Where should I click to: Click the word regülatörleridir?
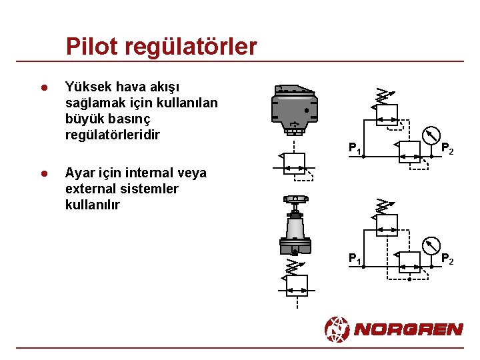coord(113,135)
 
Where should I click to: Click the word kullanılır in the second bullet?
coord(92,205)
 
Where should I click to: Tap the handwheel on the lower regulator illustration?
coord(295,199)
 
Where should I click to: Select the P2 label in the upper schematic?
coord(447,149)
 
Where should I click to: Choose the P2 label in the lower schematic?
coord(447,259)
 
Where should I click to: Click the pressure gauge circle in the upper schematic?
coord(433,134)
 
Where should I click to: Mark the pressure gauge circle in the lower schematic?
coord(433,245)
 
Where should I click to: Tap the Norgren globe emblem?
coord(337,329)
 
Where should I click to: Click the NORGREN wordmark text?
coord(408,329)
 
